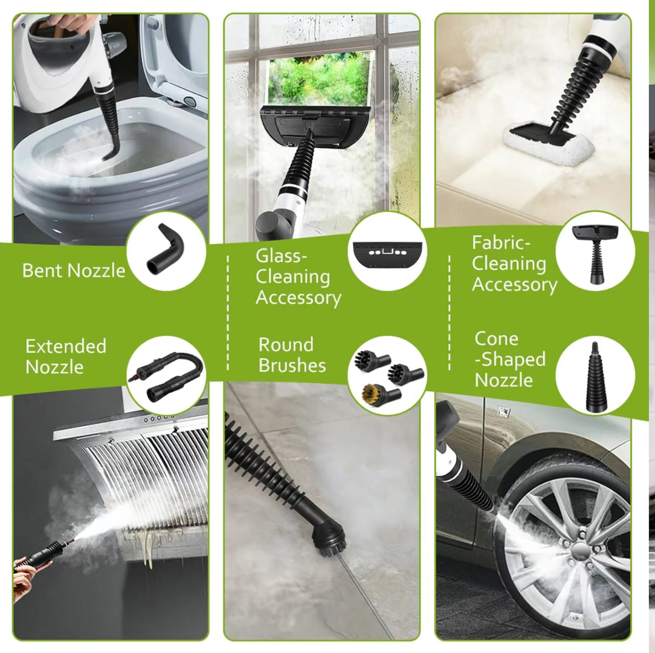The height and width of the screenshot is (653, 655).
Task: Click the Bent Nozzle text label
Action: point(73,270)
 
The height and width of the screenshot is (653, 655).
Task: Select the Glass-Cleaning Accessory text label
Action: point(298,276)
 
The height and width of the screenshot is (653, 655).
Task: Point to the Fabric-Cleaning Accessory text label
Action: point(514,264)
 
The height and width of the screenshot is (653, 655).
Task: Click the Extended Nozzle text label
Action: point(65,357)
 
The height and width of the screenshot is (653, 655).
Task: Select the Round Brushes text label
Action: point(292,355)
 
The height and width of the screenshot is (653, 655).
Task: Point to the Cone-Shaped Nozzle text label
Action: point(509,359)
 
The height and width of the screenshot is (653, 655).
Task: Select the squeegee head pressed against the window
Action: point(315,125)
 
